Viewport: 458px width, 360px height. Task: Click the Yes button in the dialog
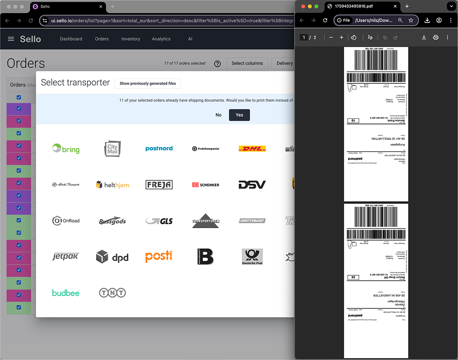[x=239, y=115]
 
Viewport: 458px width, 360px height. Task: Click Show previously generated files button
[x=148, y=83]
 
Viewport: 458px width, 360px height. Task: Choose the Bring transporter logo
[x=66, y=149]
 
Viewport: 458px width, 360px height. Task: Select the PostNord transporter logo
[x=159, y=148]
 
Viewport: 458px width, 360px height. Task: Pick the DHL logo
[x=252, y=148]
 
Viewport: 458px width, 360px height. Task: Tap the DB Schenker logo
[x=206, y=185]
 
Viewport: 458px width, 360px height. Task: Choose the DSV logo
[x=252, y=185]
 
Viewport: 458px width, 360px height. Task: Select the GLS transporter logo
[x=159, y=221]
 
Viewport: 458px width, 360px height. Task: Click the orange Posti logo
[x=159, y=256]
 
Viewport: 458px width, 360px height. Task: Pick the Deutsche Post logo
[x=252, y=257]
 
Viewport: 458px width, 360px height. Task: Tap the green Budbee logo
[x=66, y=293]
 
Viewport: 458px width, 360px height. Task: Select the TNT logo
[x=112, y=293]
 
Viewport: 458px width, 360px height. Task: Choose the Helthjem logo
[x=112, y=185]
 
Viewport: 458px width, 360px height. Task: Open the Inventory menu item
[x=131, y=39]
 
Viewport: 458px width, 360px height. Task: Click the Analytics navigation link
[x=161, y=39]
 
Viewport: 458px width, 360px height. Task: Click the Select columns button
[x=247, y=63]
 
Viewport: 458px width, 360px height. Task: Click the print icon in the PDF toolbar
[x=436, y=38]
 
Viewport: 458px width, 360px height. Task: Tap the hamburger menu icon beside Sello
[x=11, y=39]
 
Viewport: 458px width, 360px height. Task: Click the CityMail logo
[x=112, y=148]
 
